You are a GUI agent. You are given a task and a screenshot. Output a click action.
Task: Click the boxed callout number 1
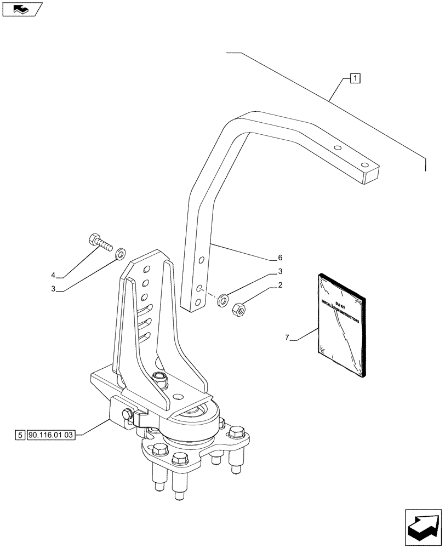[355, 78]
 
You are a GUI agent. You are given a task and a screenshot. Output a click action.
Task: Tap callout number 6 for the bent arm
[280, 258]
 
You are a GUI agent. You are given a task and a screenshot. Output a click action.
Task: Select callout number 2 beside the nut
[280, 285]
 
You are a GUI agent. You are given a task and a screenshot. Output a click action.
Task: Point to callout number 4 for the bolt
[53, 275]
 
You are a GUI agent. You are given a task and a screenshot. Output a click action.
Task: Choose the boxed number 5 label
[20, 436]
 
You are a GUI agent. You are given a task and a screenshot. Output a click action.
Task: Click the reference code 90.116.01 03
[53, 436]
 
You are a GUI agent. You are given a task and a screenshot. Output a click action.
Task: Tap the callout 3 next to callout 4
[53, 289]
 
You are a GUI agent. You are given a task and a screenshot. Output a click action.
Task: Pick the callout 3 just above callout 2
[280, 271]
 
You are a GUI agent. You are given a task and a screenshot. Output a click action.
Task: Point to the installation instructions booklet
[340, 326]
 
